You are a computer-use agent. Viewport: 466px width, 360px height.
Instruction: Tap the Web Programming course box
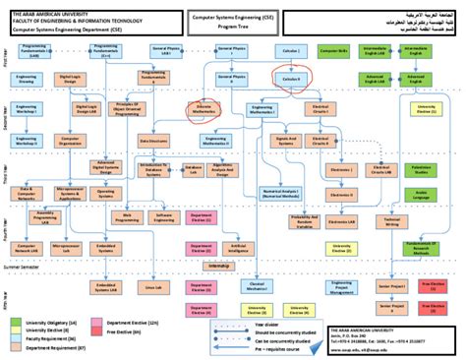point(129,217)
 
